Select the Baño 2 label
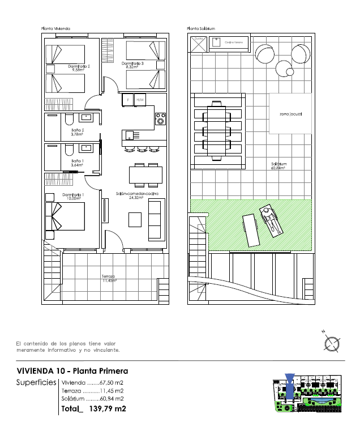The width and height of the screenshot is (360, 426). (78, 132)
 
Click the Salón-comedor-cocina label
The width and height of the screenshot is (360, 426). (137, 195)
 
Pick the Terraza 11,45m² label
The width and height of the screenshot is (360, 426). (109, 278)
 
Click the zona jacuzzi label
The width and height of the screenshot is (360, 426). (291, 114)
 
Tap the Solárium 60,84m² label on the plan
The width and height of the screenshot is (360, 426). (278, 166)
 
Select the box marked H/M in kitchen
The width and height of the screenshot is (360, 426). (140, 100)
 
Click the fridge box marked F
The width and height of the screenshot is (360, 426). (128, 100)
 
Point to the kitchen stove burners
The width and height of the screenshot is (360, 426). (161, 120)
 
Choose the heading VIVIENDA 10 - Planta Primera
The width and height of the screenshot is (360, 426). (72, 371)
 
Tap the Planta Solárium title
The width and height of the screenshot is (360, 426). (202, 28)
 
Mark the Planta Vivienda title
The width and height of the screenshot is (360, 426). (55, 28)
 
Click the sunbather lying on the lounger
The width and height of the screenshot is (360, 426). (270, 220)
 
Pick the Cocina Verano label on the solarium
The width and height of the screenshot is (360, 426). (233, 42)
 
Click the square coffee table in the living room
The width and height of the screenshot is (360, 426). (135, 219)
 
